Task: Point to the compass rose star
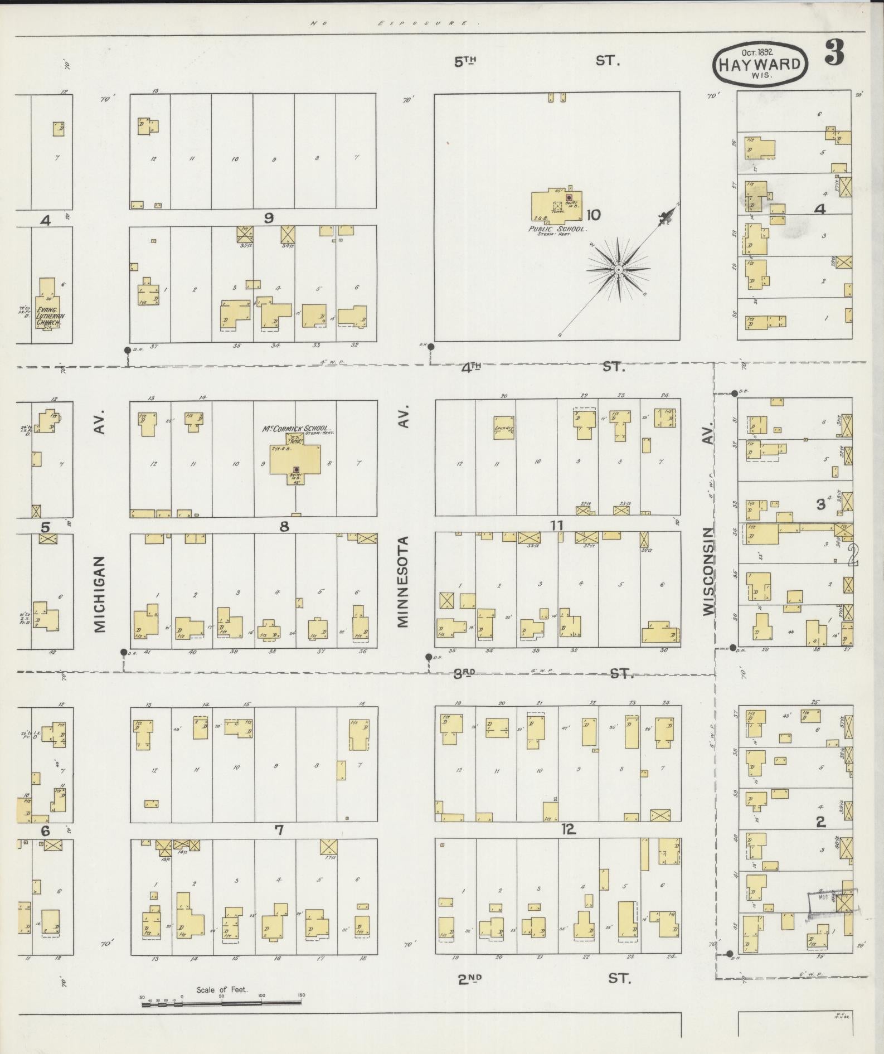[x=618, y=270]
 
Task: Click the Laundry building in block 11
[x=504, y=428]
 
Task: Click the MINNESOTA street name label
[x=404, y=582]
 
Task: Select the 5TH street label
[x=467, y=62]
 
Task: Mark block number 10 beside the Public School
[x=592, y=214]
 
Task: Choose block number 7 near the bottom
[x=279, y=830]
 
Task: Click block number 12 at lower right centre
[x=568, y=829]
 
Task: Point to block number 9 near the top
[x=269, y=217]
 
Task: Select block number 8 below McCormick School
[x=284, y=526]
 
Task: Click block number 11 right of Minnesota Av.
[x=556, y=524]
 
